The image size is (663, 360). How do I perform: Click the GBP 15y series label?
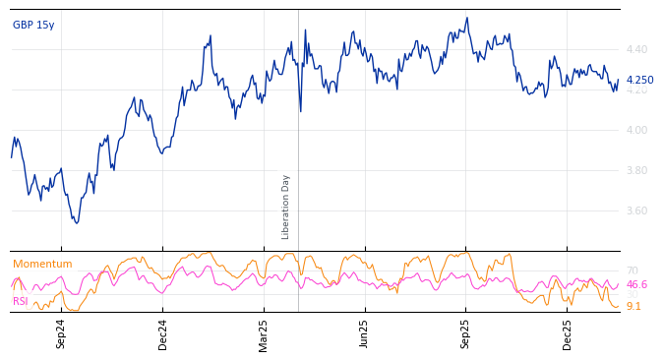tap(33, 25)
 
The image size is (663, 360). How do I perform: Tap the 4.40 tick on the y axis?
tap(636, 49)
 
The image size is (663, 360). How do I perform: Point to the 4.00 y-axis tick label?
tap(636, 130)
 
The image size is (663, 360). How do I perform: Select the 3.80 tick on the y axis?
tap(636, 170)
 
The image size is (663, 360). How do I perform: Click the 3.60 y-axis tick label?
tap(636, 210)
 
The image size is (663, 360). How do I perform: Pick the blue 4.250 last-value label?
tap(639, 81)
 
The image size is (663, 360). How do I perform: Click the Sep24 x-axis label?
tap(61, 333)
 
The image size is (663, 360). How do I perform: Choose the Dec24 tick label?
tap(163, 333)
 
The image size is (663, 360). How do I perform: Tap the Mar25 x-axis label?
tap(264, 333)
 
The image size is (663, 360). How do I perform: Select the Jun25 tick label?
tap(364, 333)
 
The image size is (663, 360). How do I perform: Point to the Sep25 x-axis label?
tap(465, 333)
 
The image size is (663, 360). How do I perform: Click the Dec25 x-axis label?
tap(567, 333)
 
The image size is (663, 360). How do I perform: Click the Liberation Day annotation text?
tap(286, 207)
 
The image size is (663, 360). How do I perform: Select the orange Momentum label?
tap(42, 264)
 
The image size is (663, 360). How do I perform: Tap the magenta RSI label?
tap(20, 301)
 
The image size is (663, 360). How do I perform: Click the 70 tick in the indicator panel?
tap(632, 270)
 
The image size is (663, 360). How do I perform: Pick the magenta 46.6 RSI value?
tap(636, 284)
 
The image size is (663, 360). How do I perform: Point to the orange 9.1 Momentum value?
tap(633, 306)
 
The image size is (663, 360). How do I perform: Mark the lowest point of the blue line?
tap(77, 223)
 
